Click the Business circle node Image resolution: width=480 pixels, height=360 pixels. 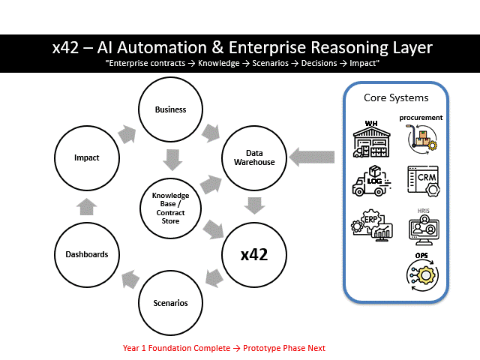coord(170,109)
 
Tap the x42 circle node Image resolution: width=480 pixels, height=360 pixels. coord(253,254)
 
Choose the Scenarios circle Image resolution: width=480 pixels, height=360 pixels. coord(170,303)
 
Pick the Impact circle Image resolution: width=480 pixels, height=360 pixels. coord(86,158)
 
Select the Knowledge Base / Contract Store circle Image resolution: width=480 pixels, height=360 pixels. coord(170,207)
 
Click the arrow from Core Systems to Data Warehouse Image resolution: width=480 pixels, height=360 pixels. coord(313,157)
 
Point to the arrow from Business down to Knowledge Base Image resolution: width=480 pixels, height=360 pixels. coord(172,159)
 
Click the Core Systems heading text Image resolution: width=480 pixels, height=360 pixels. coord(397,98)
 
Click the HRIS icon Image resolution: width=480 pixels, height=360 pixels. coord(424,226)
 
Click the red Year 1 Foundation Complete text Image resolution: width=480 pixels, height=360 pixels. coord(224,348)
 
